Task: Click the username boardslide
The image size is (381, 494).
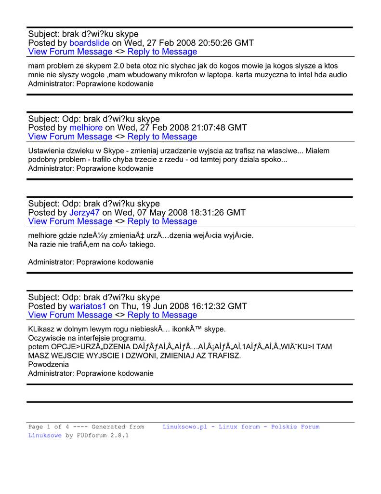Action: [90, 43]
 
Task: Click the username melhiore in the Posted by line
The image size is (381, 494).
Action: [86, 128]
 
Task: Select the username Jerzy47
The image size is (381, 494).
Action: [84, 213]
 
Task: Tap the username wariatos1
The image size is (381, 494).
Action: [88, 306]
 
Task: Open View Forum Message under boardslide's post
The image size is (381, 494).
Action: [70, 52]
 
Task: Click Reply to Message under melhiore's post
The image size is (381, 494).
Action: [162, 137]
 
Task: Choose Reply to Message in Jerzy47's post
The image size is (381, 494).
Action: [162, 221]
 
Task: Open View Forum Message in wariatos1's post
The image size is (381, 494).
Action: [70, 315]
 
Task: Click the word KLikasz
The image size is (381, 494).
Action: [43, 329]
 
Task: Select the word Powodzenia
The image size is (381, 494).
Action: [49, 365]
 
